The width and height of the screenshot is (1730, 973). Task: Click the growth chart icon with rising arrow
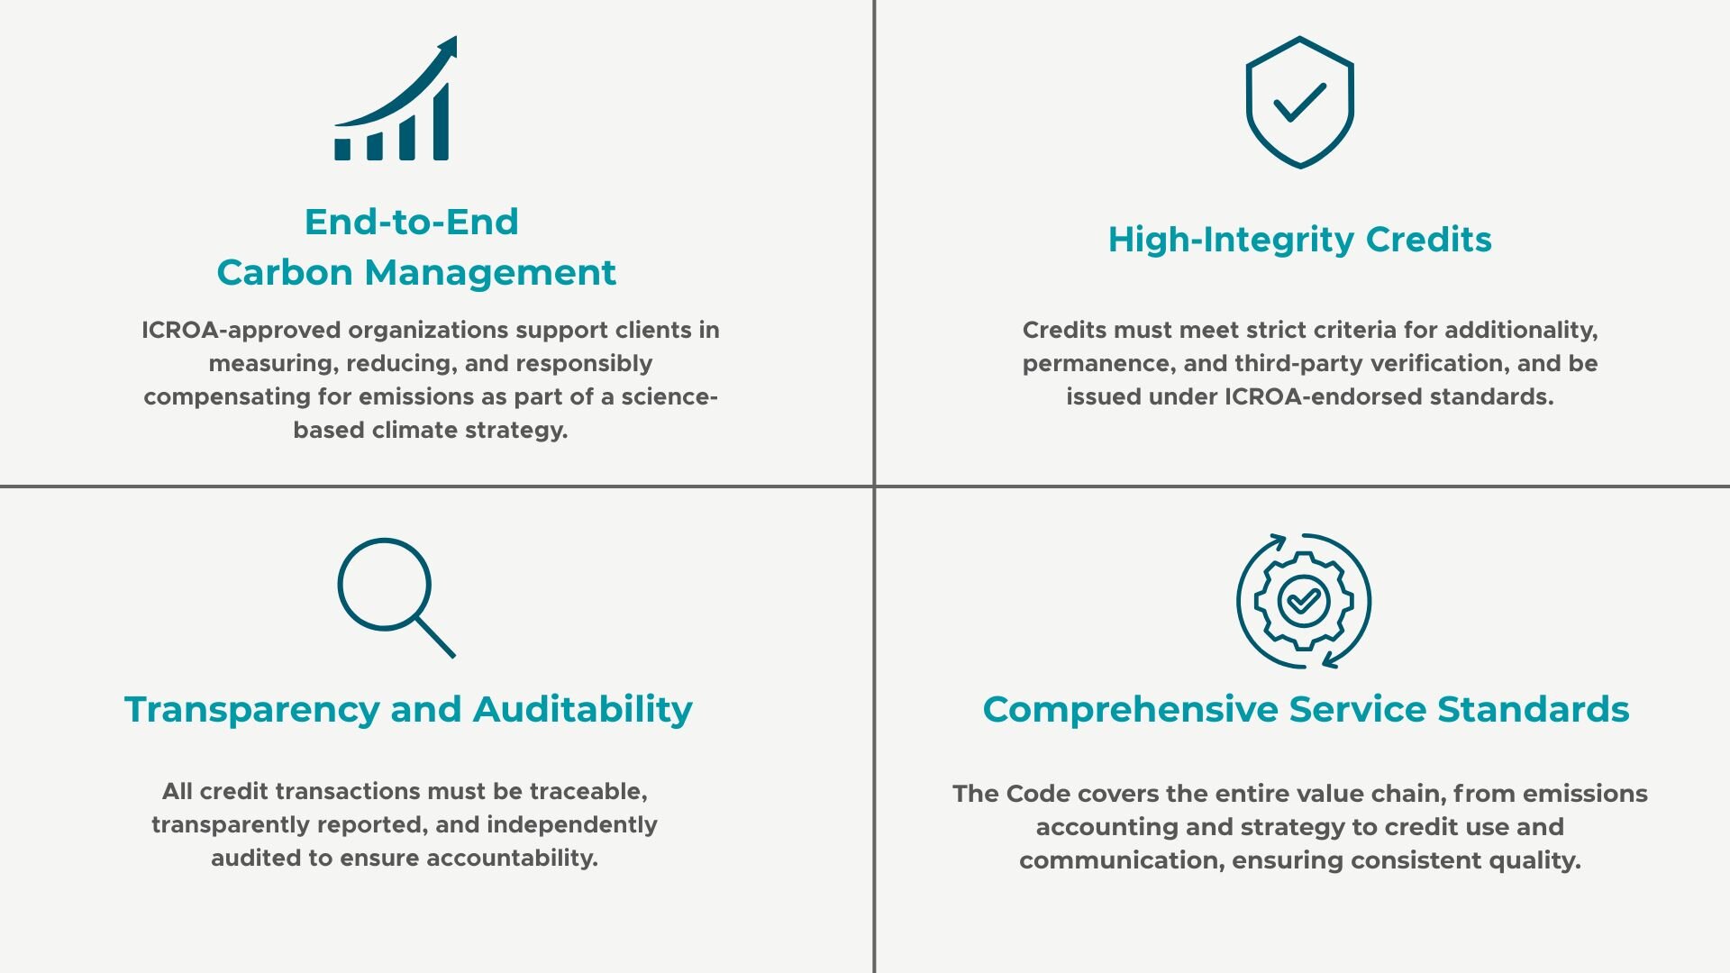coord(396,99)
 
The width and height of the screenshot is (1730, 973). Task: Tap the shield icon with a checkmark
coord(1299,102)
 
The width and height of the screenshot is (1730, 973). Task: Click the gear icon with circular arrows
coord(1303,601)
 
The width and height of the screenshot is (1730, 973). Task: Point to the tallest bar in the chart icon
coord(441,123)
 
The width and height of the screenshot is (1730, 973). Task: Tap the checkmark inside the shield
coord(1299,102)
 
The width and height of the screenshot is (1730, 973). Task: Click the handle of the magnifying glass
coord(435,637)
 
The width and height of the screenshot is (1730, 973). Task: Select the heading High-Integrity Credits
coord(1299,240)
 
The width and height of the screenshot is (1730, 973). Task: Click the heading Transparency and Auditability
coord(408,710)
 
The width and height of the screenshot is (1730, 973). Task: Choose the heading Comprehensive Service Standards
coord(1306,710)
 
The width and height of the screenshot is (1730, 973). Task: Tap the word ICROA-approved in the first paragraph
coord(241,331)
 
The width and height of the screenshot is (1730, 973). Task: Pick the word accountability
coord(512,859)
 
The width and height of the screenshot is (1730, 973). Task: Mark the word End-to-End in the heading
coord(412,222)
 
